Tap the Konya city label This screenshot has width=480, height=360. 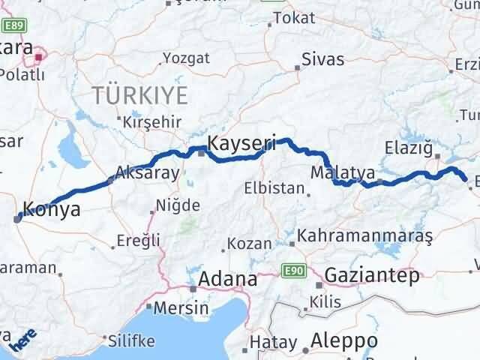click(x=52, y=209)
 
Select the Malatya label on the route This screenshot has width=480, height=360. click(x=342, y=173)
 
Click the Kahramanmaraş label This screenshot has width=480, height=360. click(x=365, y=236)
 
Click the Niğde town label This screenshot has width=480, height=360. click(x=178, y=205)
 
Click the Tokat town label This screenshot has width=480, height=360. click(x=294, y=18)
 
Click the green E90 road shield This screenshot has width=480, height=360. click(x=293, y=268)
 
